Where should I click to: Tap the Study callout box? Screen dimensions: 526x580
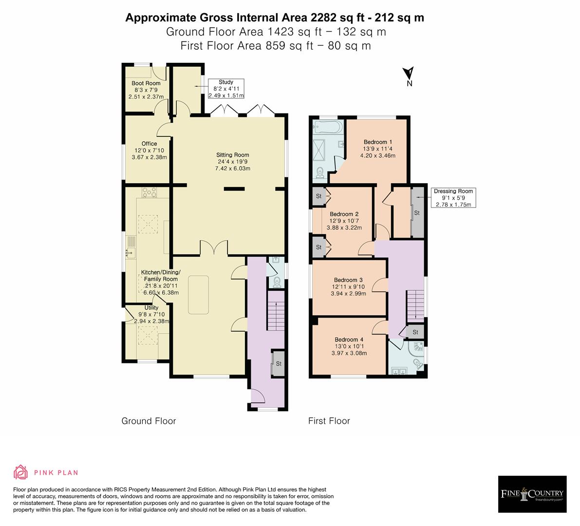pyautogui.click(x=226, y=89)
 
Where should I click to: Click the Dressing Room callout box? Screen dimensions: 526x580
pyautogui.click(x=453, y=198)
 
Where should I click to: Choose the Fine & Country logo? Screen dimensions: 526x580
pyautogui.click(x=532, y=494)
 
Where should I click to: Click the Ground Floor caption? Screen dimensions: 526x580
pyautogui.click(x=149, y=421)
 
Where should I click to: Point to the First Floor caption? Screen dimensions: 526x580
pyautogui.click(x=329, y=421)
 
